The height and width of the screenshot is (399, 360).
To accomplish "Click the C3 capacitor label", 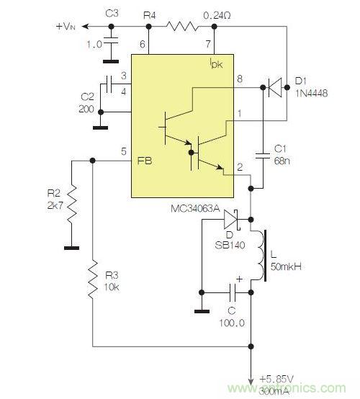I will click(111, 13).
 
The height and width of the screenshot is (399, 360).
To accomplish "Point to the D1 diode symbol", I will click(274, 89).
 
